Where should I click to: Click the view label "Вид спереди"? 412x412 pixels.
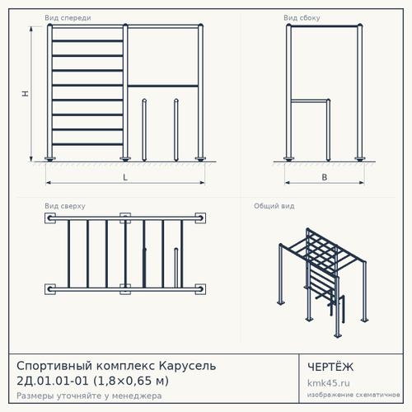pyautogui.click(x=68, y=18)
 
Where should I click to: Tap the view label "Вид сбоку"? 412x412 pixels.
pyautogui.click(x=302, y=18)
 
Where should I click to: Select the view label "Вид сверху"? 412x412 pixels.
pyautogui.click(x=65, y=206)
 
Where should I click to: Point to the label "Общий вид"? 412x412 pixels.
pyautogui.click(x=274, y=206)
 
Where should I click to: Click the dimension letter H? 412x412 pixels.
pyautogui.click(x=26, y=94)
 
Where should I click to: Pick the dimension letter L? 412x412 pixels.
pyautogui.click(x=125, y=177)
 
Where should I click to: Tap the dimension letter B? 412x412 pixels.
pyautogui.click(x=325, y=177)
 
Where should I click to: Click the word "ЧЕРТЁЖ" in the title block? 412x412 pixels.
pyautogui.click(x=330, y=367)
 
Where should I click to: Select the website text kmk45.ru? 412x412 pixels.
pyautogui.click(x=329, y=383)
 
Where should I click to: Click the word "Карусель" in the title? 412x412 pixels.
pyautogui.click(x=188, y=366)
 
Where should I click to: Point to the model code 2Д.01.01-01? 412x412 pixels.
pyautogui.click(x=53, y=381)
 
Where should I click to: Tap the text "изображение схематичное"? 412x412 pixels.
pyautogui.click(x=353, y=395)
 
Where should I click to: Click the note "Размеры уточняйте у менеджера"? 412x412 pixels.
pyautogui.click(x=89, y=396)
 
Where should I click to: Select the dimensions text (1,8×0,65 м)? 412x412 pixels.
pyautogui.click(x=131, y=381)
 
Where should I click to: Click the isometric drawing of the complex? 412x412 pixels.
pyautogui.click(x=323, y=283)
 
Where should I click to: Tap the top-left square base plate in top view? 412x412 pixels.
pyautogui.click(x=50, y=218)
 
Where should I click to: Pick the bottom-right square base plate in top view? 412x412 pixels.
pyautogui.click(x=200, y=289)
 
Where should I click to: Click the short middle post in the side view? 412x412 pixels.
pyautogui.click(x=328, y=130)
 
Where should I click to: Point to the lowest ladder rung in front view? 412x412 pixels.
pyautogui.click(x=87, y=144)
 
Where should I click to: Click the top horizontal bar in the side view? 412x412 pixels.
pyautogui.click(x=325, y=26)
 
